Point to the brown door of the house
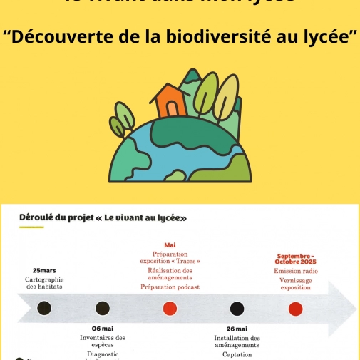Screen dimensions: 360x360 point(172,109)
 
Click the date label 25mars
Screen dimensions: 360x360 point(44,270)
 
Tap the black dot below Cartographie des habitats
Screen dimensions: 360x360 point(44,308)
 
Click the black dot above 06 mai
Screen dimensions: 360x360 point(103,308)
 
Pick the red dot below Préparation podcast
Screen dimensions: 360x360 point(170,308)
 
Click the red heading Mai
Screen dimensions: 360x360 point(170,245)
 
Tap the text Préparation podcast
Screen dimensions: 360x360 point(170,287)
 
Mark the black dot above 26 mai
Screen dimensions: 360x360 point(237,308)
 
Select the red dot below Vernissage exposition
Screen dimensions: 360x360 point(295,308)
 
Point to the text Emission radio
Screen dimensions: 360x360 point(296,272)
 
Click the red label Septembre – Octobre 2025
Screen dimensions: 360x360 point(296,258)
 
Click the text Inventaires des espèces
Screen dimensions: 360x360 point(103,341)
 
